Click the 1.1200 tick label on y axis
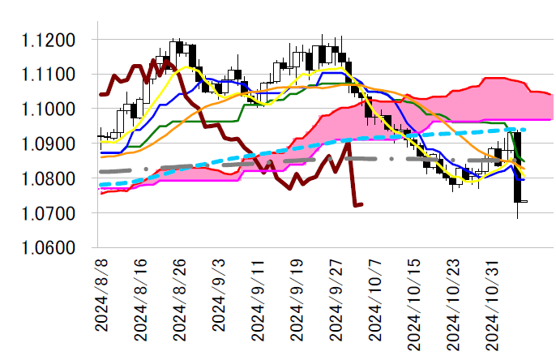(51, 41)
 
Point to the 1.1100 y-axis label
(51, 75)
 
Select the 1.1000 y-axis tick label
(51, 109)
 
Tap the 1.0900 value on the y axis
(51, 144)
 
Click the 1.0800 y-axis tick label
(51, 179)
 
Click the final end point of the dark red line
(362, 204)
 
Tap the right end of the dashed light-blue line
(526, 130)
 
